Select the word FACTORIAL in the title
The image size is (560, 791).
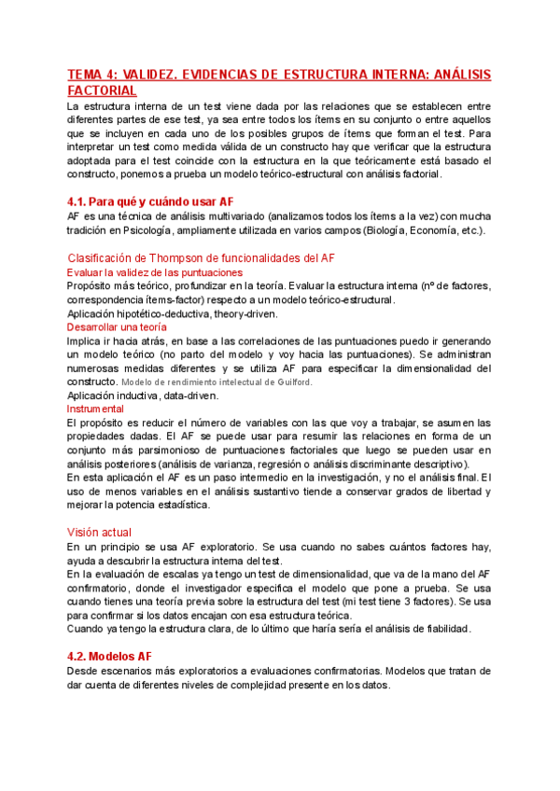103,90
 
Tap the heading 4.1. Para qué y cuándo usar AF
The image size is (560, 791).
150,201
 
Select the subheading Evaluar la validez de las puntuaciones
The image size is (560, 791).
155,272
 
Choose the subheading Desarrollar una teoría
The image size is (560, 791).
117,327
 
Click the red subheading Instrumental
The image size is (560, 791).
95,409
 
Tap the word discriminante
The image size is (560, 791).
375,464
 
